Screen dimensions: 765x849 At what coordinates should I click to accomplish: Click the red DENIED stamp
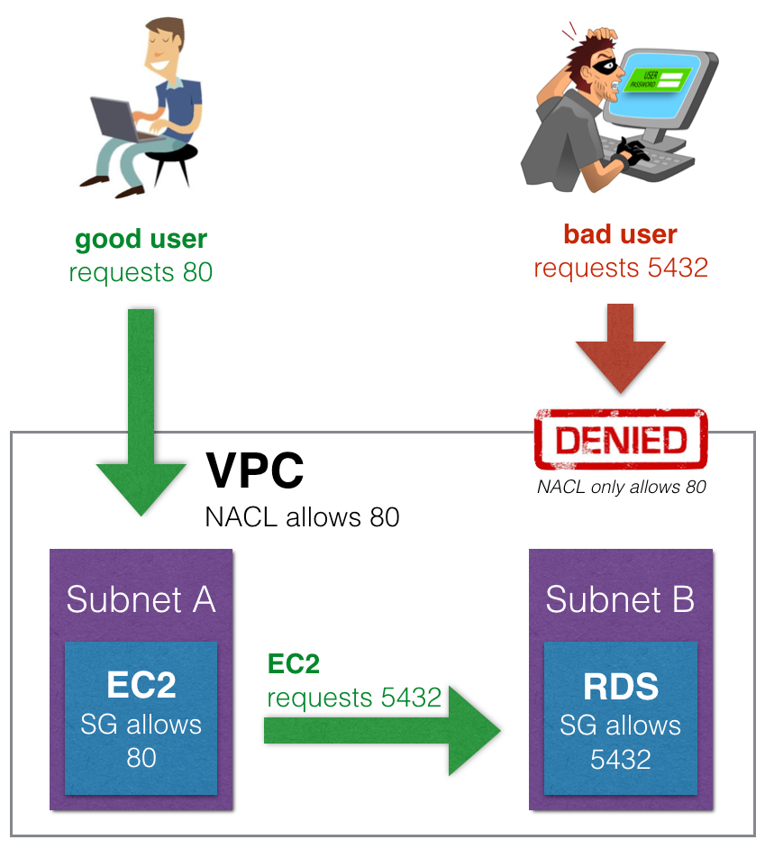(621, 439)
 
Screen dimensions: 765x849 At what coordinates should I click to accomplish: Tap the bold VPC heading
(254, 470)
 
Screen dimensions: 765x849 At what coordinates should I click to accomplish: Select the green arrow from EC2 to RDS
(382, 731)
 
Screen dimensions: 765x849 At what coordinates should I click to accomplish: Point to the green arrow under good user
(141, 412)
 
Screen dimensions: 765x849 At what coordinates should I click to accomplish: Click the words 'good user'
(141, 240)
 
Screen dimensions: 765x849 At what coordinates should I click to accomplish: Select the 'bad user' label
(621, 234)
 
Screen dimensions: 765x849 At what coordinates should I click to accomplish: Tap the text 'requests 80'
(141, 272)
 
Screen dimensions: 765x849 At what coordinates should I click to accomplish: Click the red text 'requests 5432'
(621, 268)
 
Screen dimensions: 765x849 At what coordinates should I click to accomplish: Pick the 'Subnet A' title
(141, 599)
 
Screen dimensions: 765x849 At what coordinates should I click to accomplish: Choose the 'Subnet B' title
(621, 599)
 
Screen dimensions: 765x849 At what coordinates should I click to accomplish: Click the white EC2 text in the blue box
(141, 685)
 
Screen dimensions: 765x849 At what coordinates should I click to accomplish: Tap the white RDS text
(621, 687)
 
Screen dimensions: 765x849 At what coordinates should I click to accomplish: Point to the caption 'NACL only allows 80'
(622, 488)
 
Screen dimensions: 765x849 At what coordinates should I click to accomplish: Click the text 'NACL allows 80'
(302, 517)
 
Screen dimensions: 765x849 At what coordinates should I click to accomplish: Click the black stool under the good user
(170, 162)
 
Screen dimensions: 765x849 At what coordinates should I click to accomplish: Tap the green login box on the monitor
(657, 79)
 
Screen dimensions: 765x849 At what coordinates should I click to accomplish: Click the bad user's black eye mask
(606, 67)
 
